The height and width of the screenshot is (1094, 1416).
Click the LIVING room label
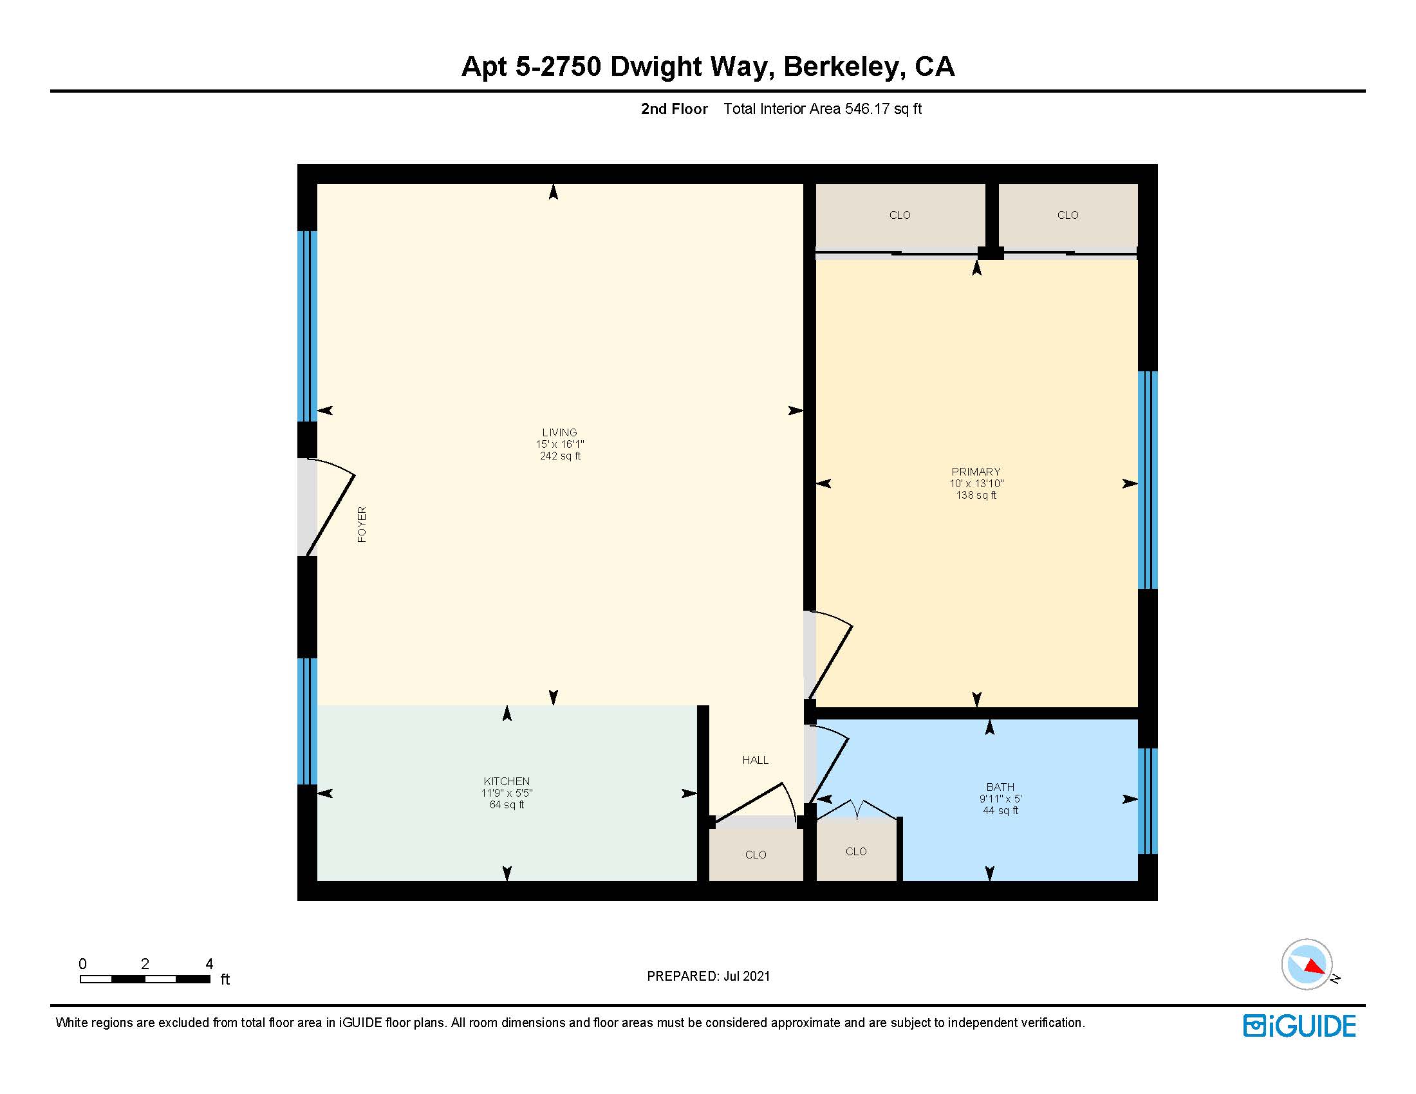[559, 432]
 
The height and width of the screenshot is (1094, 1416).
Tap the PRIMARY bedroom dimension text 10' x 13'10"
[976, 483]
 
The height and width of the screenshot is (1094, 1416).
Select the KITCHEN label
[507, 781]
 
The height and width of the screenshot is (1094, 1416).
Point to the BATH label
[1000, 787]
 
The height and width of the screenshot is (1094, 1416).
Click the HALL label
[755, 759]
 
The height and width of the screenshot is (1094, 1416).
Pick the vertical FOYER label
[362, 524]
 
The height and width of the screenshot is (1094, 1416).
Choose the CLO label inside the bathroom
[855, 851]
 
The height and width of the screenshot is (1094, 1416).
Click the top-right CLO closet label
[1067, 215]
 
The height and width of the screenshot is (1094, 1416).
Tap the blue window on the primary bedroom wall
[1148, 479]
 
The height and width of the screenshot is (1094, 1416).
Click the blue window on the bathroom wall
[1148, 801]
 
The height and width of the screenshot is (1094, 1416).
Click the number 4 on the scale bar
[209, 964]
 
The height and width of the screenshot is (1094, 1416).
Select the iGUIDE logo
[1299, 1026]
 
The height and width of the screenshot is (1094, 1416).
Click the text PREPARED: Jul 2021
[708, 976]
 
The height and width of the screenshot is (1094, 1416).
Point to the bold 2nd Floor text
[674, 109]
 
